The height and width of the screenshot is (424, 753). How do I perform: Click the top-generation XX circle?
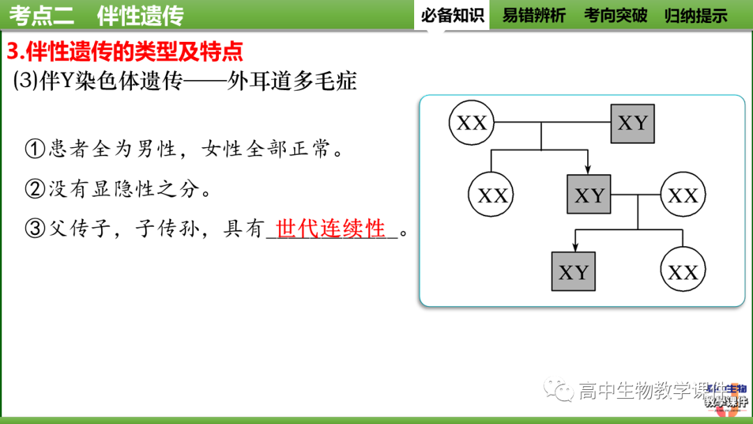coord(471,123)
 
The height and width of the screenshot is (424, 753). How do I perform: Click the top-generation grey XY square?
coord(632,123)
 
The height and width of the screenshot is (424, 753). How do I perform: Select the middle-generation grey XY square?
coord(589,195)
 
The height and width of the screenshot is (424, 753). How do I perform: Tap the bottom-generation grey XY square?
coord(573,272)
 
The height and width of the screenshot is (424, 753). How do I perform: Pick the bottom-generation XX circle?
coord(683,272)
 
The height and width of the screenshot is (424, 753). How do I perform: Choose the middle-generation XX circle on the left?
coord(492,195)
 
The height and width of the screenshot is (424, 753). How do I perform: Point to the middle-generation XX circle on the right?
coord(683,195)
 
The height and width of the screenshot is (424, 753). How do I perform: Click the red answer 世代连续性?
coord(330,228)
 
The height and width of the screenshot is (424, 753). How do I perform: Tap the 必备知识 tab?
coord(452,15)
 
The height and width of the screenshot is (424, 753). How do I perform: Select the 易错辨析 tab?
coord(534,15)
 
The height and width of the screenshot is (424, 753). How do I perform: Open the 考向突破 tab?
coord(616,15)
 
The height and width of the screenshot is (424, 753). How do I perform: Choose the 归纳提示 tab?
coord(696,15)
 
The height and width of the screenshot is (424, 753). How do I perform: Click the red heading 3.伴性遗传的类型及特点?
coord(125,51)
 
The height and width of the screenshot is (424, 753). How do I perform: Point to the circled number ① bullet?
coord(34,149)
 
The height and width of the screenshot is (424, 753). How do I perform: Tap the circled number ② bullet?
coord(34,188)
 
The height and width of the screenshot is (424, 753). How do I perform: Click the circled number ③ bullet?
coord(34,229)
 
